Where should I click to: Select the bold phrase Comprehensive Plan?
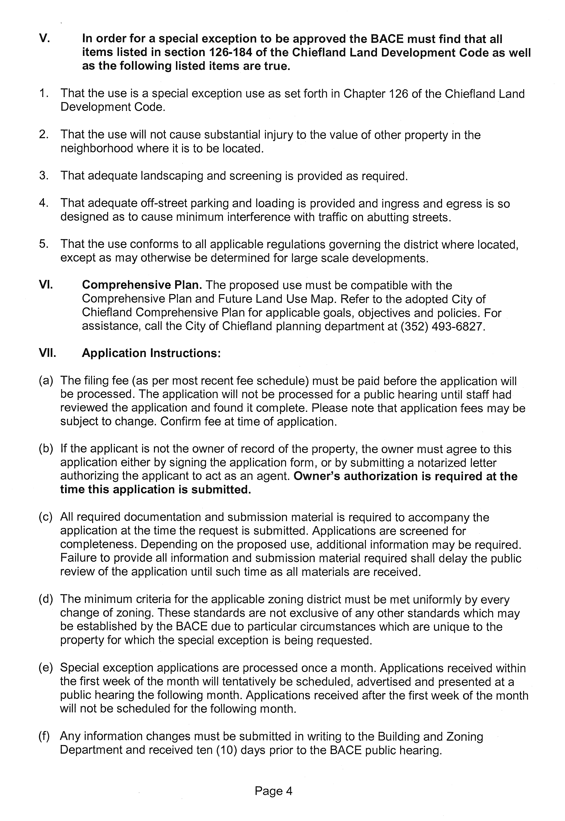coord(142,285)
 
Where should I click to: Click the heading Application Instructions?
coord(151,353)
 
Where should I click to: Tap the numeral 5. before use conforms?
coord(44,244)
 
